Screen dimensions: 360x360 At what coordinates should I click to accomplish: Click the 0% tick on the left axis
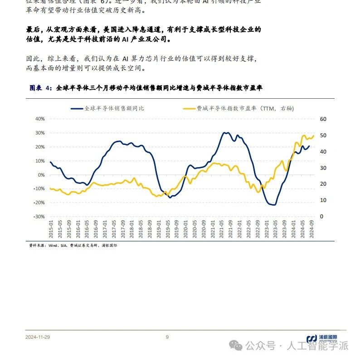pos(40,175)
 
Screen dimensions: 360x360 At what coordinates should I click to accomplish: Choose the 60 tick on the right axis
pos(323,119)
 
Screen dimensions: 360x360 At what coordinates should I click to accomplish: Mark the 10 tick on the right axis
pos(323,200)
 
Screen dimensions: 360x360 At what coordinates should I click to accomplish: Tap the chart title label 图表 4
pos(41,88)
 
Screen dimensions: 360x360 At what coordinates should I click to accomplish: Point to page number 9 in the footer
pos(167,337)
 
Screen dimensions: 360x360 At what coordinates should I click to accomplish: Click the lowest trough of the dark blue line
pos(273,205)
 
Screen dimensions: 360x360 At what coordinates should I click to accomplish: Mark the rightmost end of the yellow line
pos(313,135)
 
